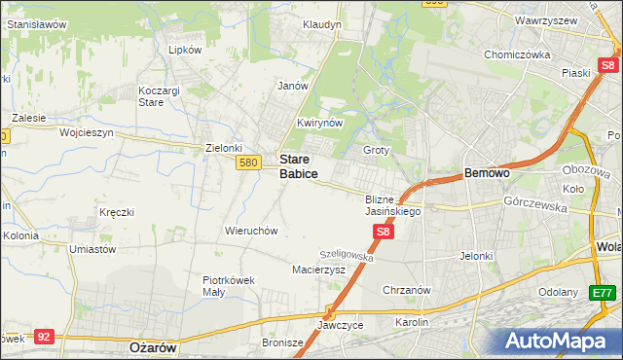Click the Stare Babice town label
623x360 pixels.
point(298,165)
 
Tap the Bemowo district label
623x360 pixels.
point(488,173)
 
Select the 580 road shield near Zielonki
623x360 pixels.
point(247,162)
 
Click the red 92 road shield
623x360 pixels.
point(43,336)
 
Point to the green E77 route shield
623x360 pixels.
point(603,292)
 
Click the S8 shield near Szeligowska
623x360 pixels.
point(384,232)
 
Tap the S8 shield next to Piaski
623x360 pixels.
point(607,66)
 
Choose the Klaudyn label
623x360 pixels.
point(321,24)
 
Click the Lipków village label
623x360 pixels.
point(184,50)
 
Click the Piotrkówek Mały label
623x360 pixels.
point(228,285)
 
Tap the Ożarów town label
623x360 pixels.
point(151,346)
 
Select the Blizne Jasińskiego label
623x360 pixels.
point(392,204)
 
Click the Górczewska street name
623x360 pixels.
point(535,203)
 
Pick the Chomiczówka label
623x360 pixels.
point(517,55)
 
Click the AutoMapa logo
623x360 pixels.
point(557,341)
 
